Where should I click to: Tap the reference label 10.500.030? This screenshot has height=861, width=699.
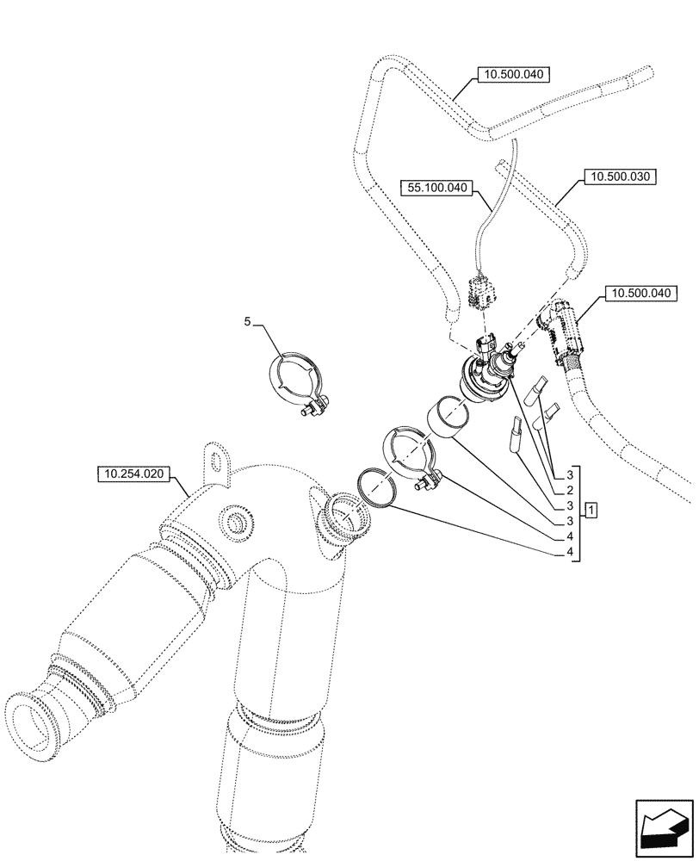coord(619,177)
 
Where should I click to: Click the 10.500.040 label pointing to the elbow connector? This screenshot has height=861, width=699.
coord(641,294)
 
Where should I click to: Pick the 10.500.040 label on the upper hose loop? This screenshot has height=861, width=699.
coord(514,75)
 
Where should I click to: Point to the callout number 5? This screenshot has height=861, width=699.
coord(247,321)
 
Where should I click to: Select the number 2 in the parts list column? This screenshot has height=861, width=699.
coord(570,489)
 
